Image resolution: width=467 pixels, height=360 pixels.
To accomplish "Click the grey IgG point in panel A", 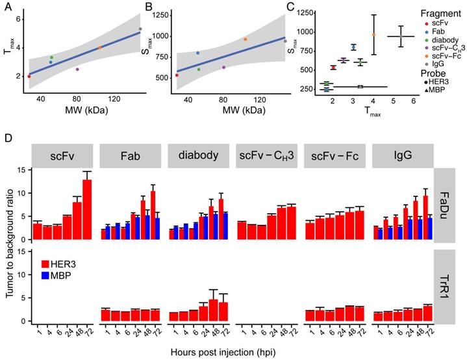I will coord(140,29).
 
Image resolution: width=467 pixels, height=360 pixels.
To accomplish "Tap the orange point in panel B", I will coord(246,39).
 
